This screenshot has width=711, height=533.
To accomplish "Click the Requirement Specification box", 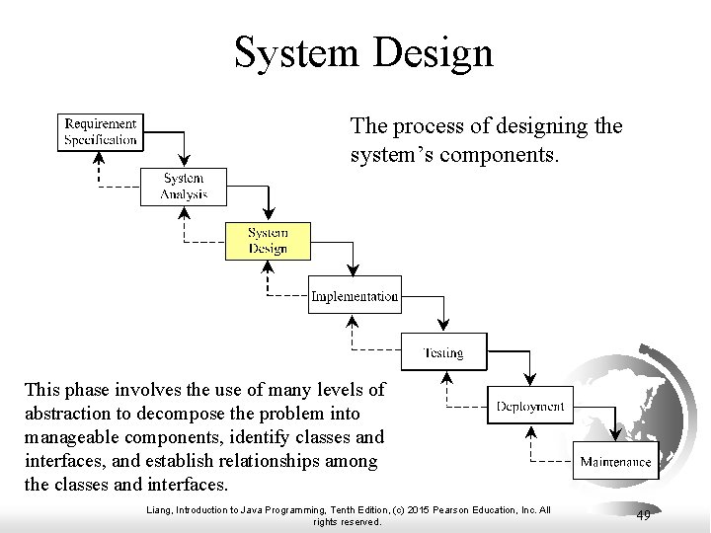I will pos(101,131).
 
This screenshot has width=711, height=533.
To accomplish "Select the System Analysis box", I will pos(185,187).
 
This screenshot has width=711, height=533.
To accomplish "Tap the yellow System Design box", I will pos(268,241).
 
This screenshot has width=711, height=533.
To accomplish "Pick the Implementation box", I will pos(355,296).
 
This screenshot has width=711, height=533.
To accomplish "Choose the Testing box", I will pos(443,351).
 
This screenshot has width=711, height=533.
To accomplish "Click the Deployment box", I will pos(530,406).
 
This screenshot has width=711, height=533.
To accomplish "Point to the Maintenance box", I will pos(615,461).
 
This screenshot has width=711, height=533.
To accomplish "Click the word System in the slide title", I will pos(295,52).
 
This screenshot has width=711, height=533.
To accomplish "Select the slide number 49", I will pos(643,514).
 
